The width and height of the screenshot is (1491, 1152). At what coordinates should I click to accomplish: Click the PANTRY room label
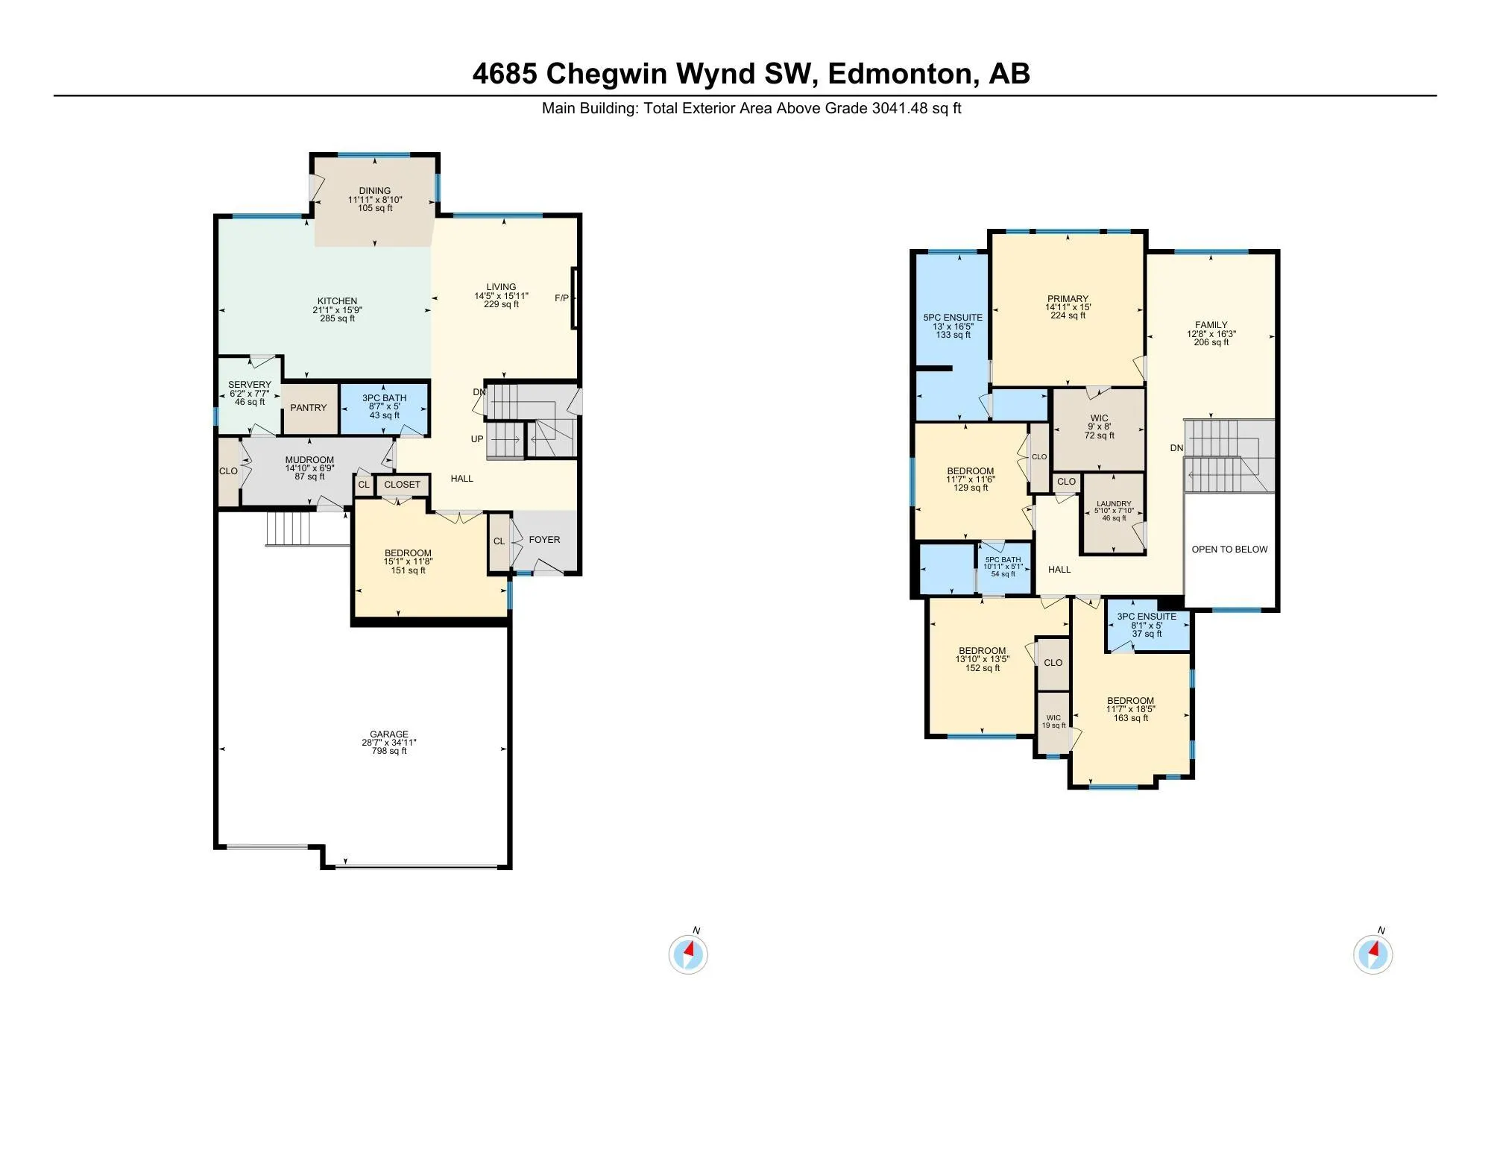(x=309, y=408)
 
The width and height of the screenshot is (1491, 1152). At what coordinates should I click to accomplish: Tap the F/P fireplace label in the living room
(x=561, y=298)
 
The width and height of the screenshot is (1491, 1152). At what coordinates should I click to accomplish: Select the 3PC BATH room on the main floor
(x=385, y=407)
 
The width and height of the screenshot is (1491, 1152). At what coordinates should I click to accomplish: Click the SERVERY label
(x=250, y=385)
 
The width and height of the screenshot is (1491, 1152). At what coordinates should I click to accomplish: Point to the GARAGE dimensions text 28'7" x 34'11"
(x=389, y=743)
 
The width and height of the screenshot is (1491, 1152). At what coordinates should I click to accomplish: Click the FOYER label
(x=544, y=540)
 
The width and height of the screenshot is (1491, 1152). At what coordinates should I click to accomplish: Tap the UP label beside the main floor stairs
(x=477, y=439)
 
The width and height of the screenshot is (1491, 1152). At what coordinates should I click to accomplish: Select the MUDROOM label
(x=309, y=460)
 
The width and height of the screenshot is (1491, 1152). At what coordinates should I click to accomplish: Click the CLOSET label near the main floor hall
(x=403, y=485)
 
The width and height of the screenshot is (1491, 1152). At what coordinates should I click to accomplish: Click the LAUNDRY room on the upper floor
(x=1114, y=511)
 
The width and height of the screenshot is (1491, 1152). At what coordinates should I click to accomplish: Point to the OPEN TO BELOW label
(x=1229, y=550)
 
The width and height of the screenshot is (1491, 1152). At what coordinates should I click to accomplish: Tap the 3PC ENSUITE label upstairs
(x=1147, y=617)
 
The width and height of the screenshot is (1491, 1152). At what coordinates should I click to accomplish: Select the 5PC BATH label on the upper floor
(x=1003, y=560)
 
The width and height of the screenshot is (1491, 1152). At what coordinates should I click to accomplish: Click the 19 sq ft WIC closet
(x=1053, y=722)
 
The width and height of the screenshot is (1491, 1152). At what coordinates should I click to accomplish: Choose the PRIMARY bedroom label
(x=1068, y=298)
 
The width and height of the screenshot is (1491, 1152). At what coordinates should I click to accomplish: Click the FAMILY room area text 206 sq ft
(x=1211, y=342)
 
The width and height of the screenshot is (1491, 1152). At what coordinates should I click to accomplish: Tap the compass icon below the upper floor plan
(x=1372, y=954)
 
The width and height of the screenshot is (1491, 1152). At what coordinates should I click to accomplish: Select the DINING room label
(x=374, y=191)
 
